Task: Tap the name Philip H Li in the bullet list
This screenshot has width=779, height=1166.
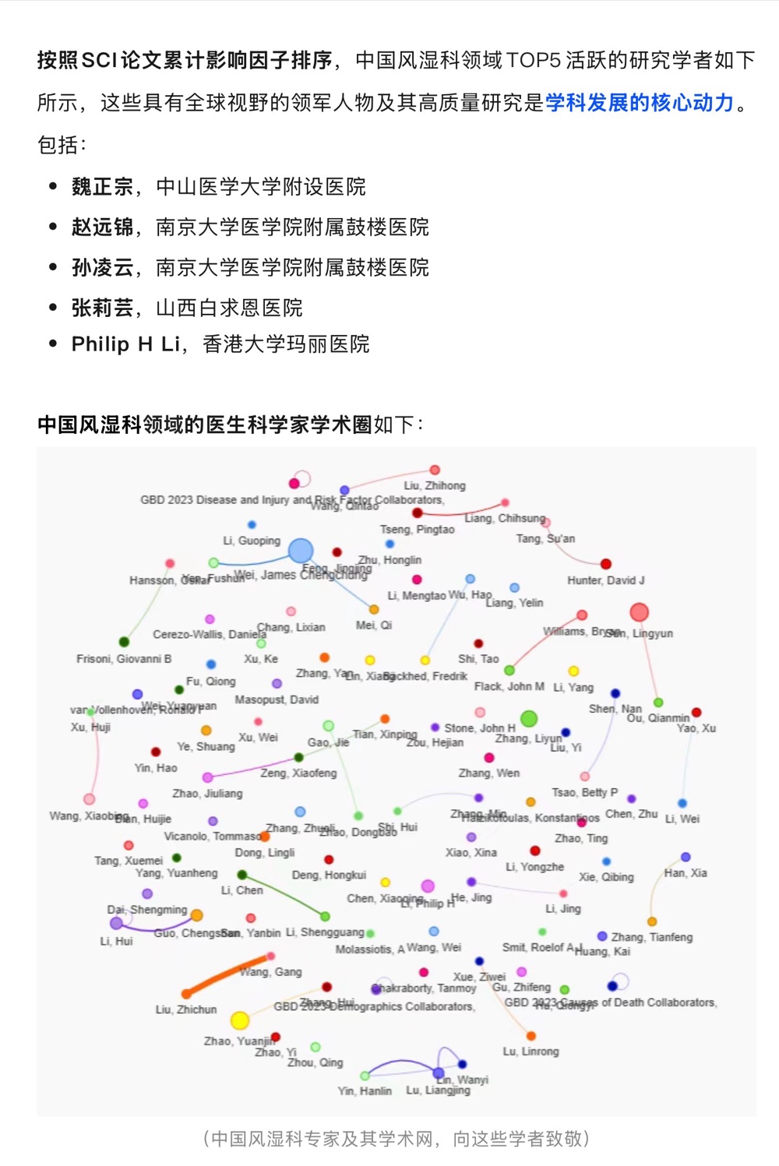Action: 125,344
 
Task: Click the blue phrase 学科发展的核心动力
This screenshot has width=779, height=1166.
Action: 640,103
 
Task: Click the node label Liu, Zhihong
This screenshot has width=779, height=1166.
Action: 435,485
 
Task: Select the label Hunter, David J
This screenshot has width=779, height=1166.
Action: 605,580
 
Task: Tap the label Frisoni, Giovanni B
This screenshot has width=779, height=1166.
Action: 124,659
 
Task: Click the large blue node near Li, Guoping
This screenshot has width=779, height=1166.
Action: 301,551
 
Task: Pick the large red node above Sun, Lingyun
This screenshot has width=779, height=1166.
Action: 639,612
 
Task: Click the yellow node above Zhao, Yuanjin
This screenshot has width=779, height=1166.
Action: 240,1020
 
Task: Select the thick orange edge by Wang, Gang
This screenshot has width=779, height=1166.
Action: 227,974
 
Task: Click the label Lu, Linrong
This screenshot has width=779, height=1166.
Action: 530,1052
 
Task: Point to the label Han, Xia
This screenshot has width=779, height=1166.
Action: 686,873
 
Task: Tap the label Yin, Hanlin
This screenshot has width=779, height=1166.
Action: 365,1091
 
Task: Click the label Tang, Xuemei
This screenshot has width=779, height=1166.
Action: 129,861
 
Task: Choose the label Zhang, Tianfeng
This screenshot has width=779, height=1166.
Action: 651,937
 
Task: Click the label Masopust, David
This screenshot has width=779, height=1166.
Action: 277,700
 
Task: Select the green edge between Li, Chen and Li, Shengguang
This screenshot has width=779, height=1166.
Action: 284,896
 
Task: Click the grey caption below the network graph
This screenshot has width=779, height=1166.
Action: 396,1139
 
